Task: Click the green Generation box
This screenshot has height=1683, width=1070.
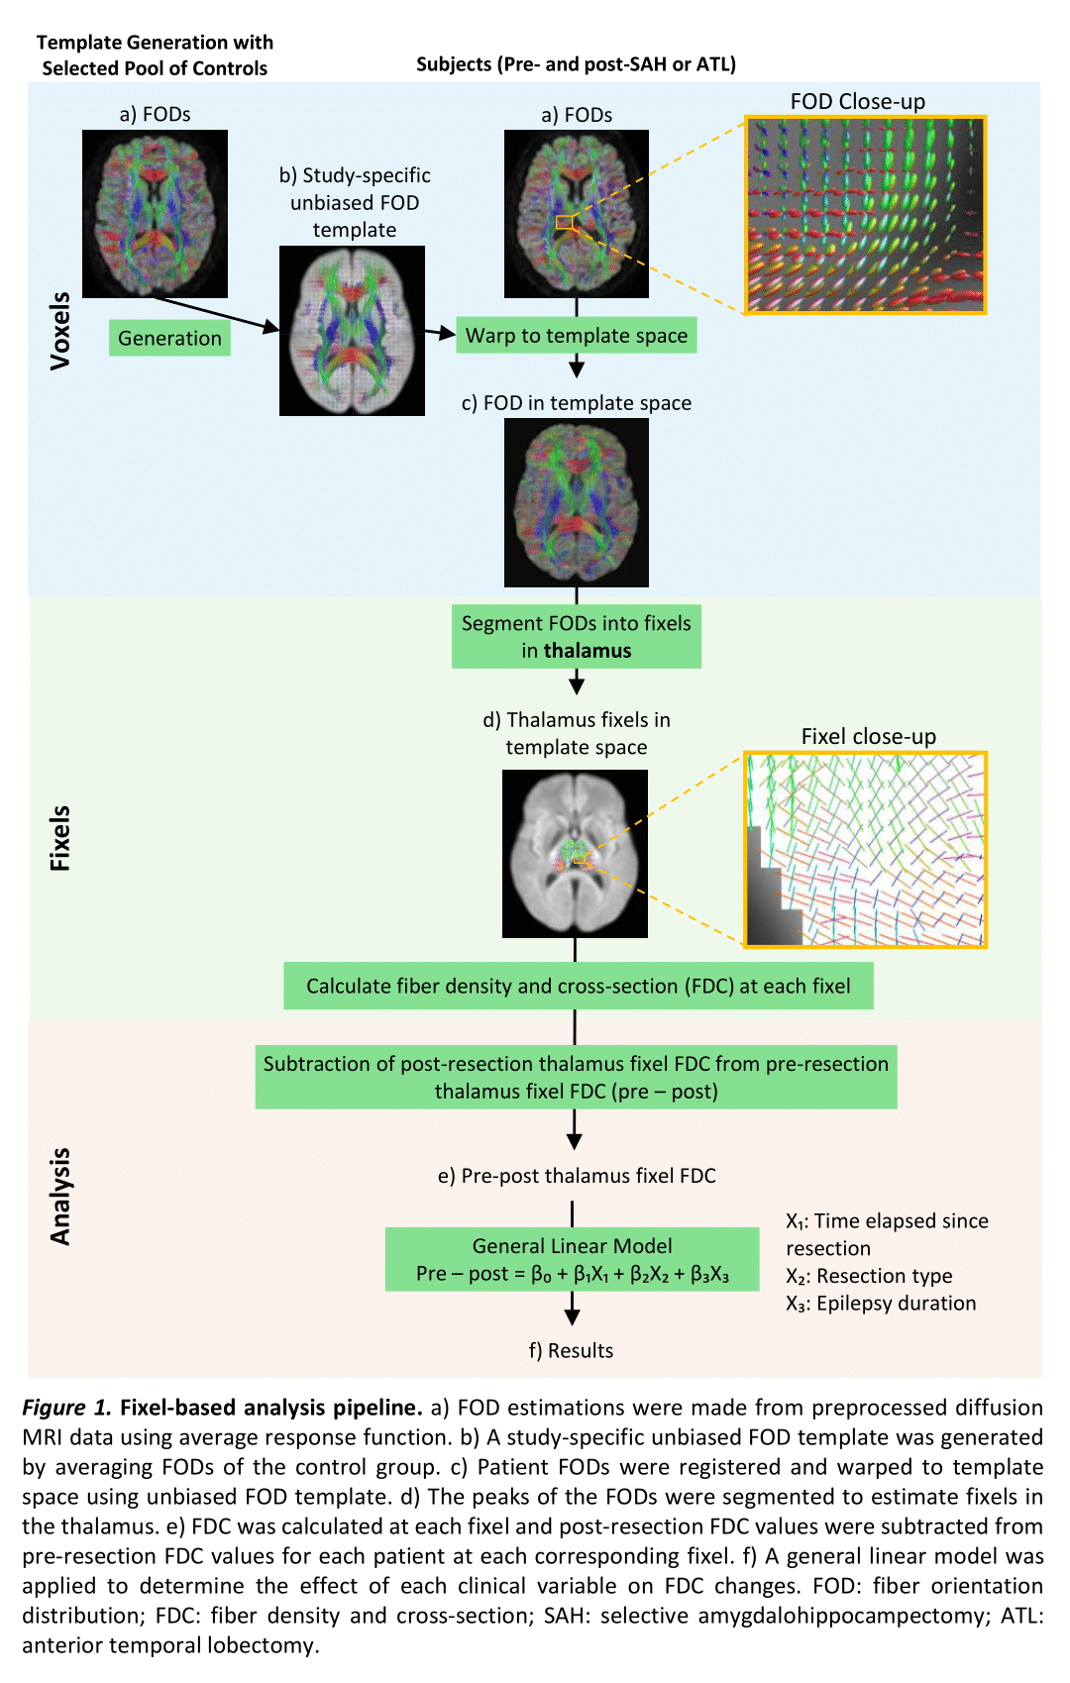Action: point(169,338)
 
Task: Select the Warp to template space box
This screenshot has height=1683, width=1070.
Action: point(577,335)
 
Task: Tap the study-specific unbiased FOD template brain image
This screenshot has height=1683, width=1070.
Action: point(352,331)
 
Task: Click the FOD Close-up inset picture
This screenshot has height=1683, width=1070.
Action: point(865,215)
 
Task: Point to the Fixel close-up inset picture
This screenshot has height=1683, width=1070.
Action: point(865,849)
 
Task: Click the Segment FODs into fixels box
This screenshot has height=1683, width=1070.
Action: point(577,637)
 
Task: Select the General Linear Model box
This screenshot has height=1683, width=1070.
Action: point(572,1259)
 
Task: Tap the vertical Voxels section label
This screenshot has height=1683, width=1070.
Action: point(60,331)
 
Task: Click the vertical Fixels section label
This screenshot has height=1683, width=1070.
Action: point(60,838)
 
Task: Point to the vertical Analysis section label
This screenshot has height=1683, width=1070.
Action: point(60,1196)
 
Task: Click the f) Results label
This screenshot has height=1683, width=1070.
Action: point(571,1350)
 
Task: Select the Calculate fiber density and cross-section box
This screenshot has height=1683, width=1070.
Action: point(578,986)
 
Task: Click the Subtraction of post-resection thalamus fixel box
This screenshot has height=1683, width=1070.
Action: point(576,1077)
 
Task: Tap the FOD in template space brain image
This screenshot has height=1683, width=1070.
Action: point(577,502)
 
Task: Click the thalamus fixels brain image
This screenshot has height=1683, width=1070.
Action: point(575,853)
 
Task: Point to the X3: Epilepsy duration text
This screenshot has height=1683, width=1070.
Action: point(881,1304)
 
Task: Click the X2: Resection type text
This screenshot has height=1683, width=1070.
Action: point(869,1276)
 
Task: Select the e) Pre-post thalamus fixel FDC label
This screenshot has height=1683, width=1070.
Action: point(577,1176)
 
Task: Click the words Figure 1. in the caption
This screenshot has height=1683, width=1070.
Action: point(66,1408)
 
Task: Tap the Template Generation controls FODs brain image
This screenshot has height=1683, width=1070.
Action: point(155,213)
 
